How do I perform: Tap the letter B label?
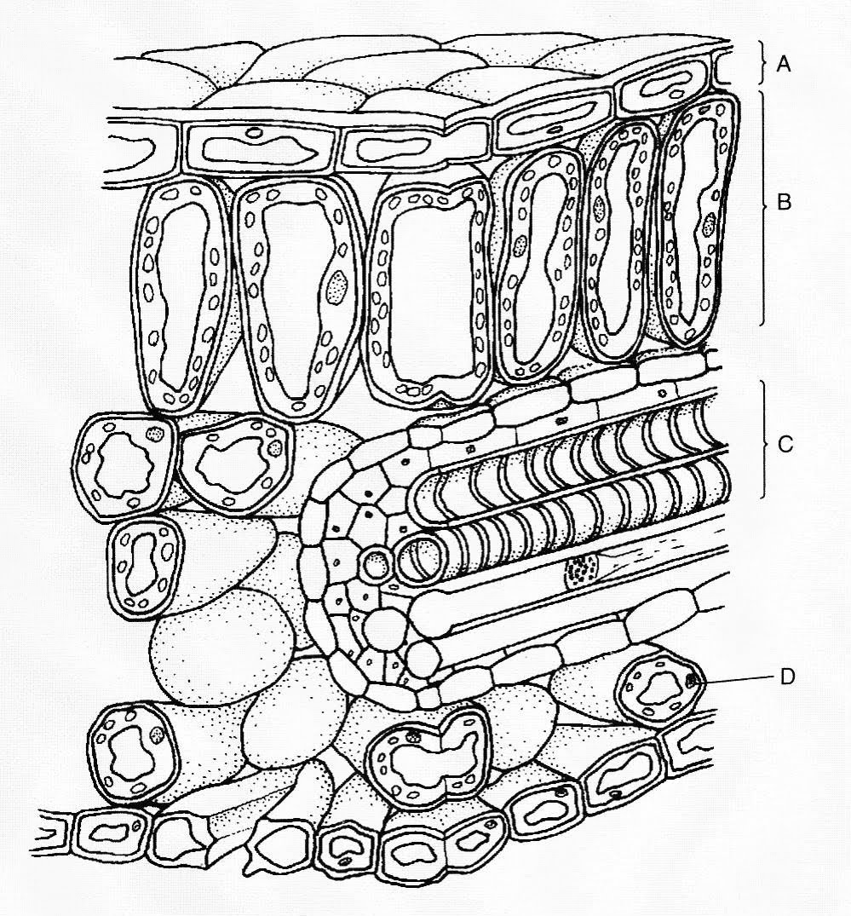click(x=785, y=204)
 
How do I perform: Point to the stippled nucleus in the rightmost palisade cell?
click(x=710, y=225)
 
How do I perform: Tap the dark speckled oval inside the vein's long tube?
click(x=581, y=567)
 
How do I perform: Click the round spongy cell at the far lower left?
click(x=136, y=752)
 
